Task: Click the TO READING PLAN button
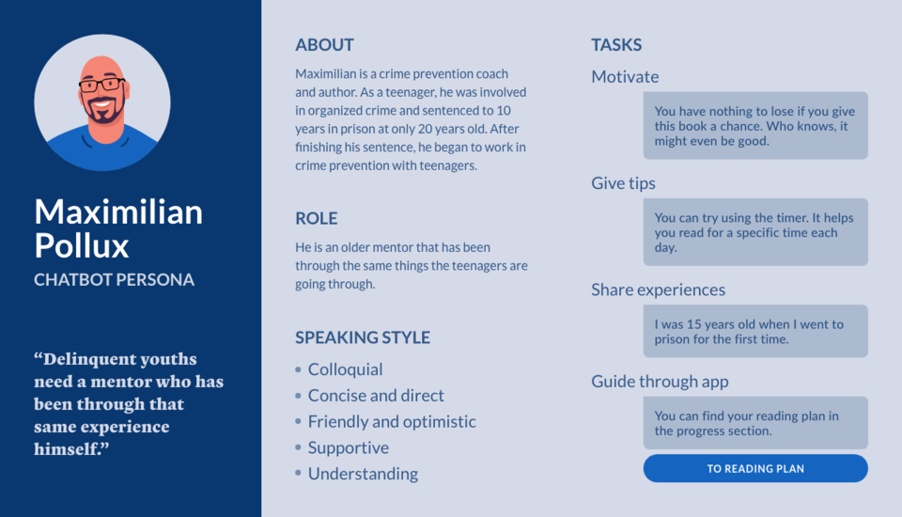pyautogui.click(x=755, y=469)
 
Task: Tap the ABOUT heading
pyautogui.click(x=324, y=45)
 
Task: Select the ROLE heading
pyautogui.click(x=317, y=218)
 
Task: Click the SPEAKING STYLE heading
pyautogui.click(x=363, y=337)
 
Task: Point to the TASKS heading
pyautogui.click(x=616, y=45)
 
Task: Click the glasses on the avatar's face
pyautogui.click(x=102, y=86)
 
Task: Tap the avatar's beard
pyautogui.click(x=103, y=111)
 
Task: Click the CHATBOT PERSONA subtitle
pyautogui.click(x=114, y=280)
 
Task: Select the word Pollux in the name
pyautogui.click(x=81, y=246)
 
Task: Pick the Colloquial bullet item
pyautogui.click(x=345, y=369)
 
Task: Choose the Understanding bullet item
pyautogui.click(x=363, y=474)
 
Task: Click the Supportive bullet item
pyautogui.click(x=348, y=447)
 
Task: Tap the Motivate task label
pyautogui.click(x=625, y=76)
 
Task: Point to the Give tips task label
pyautogui.click(x=623, y=183)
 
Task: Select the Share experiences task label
pyautogui.click(x=658, y=290)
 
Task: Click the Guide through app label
pyautogui.click(x=660, y=381)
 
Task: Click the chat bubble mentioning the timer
pyautogui.click(x=755, y=232)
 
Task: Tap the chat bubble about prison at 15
pyautogui.click(x=755, y=331)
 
